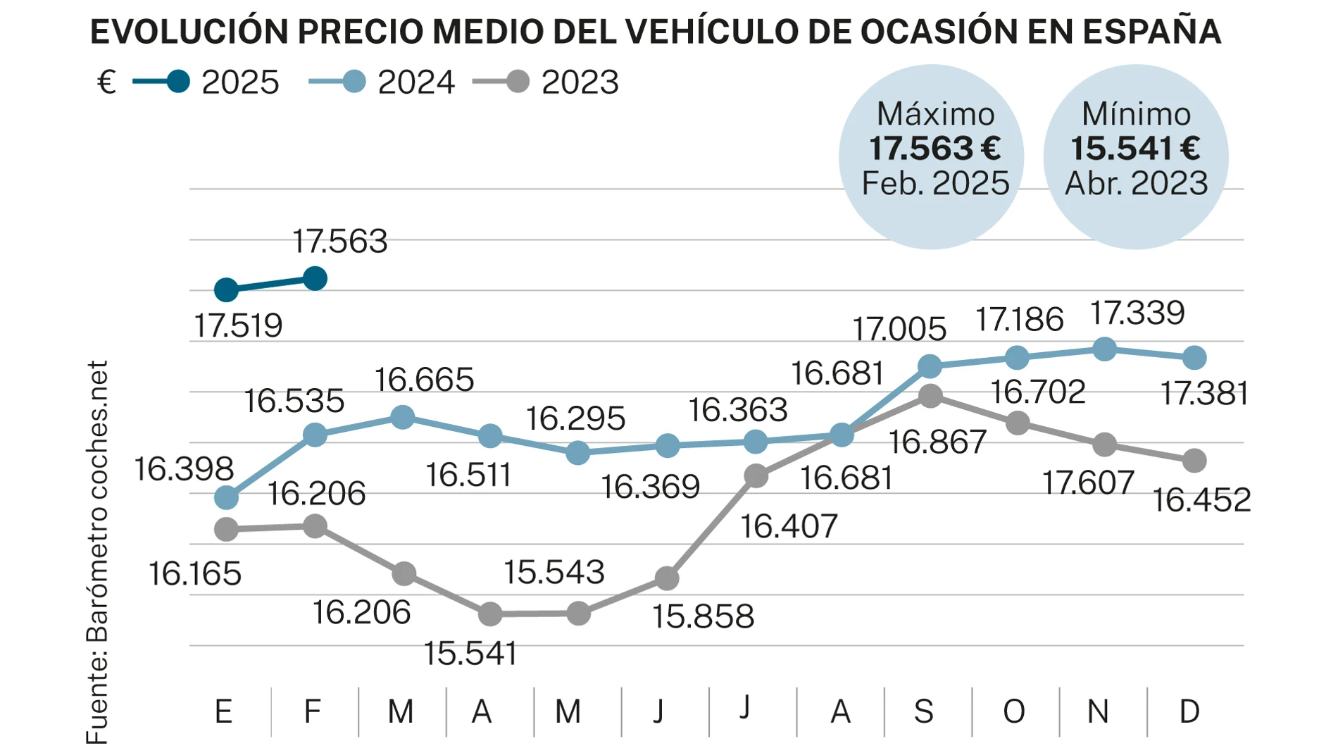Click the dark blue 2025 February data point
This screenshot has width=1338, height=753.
click(315, 278)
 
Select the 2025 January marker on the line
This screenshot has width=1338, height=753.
click(226, 290)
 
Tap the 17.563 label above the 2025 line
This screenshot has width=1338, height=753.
click(339, 242)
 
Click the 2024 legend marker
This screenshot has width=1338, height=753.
click(354, 82)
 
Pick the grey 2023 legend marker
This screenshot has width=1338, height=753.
click(518, 82)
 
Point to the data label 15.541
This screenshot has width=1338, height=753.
click(470, 654)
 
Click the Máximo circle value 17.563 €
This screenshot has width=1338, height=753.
click(934, 149)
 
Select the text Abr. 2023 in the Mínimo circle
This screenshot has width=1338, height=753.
click(1136, 183)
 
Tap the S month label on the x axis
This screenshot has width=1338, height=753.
click(923, 711)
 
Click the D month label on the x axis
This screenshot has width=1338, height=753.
click(1189, 711)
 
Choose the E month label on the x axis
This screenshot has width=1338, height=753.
click(223, 711)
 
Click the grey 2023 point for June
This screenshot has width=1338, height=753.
click(667, 578)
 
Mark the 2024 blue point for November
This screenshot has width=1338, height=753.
click(1104, 349)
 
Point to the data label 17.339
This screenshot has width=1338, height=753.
click(1137, 313)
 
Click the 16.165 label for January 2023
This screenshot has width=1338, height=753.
click(194, 574)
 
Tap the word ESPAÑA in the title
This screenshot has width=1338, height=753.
click(1151, 32)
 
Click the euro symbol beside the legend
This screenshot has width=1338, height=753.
click(106, 82)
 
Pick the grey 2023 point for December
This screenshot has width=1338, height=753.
click(1194, 461)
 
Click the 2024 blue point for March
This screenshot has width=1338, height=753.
click(402, 417)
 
